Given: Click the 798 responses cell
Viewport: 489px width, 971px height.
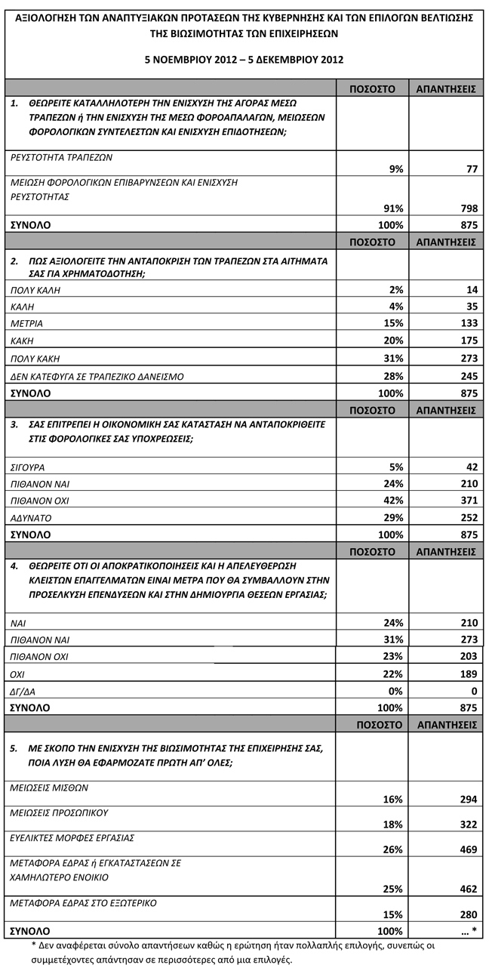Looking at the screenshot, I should (x=466, y=207).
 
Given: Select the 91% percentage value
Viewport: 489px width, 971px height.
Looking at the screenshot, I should (x=392, y=207).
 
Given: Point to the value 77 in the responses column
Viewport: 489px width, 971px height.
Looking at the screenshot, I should (x=470, y=170).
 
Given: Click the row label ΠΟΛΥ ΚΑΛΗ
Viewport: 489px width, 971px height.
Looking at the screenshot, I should (x=35, y=289).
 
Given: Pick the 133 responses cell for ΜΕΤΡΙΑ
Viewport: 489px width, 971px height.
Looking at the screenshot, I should (x=466, y=323).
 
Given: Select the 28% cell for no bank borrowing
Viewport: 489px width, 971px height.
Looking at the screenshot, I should (x=392, y=376).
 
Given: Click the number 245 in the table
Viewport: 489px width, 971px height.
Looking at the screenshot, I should (x=466, y=376).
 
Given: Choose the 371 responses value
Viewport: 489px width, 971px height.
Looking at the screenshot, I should (x=466, y=501).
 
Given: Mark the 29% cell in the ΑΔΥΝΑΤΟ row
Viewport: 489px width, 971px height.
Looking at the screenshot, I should (x=392, y=518).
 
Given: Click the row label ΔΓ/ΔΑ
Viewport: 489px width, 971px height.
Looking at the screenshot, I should (x=26, y=691).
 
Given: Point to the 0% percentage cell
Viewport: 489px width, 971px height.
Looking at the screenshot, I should (x=394, y=691).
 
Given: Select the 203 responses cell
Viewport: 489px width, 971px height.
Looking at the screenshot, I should (x=466, y=656).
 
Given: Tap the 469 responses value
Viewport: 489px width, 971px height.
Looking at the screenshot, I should (x=466, y=849).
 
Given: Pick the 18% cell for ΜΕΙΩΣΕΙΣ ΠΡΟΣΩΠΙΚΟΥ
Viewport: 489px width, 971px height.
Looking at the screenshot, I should (x=392, y=825).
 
